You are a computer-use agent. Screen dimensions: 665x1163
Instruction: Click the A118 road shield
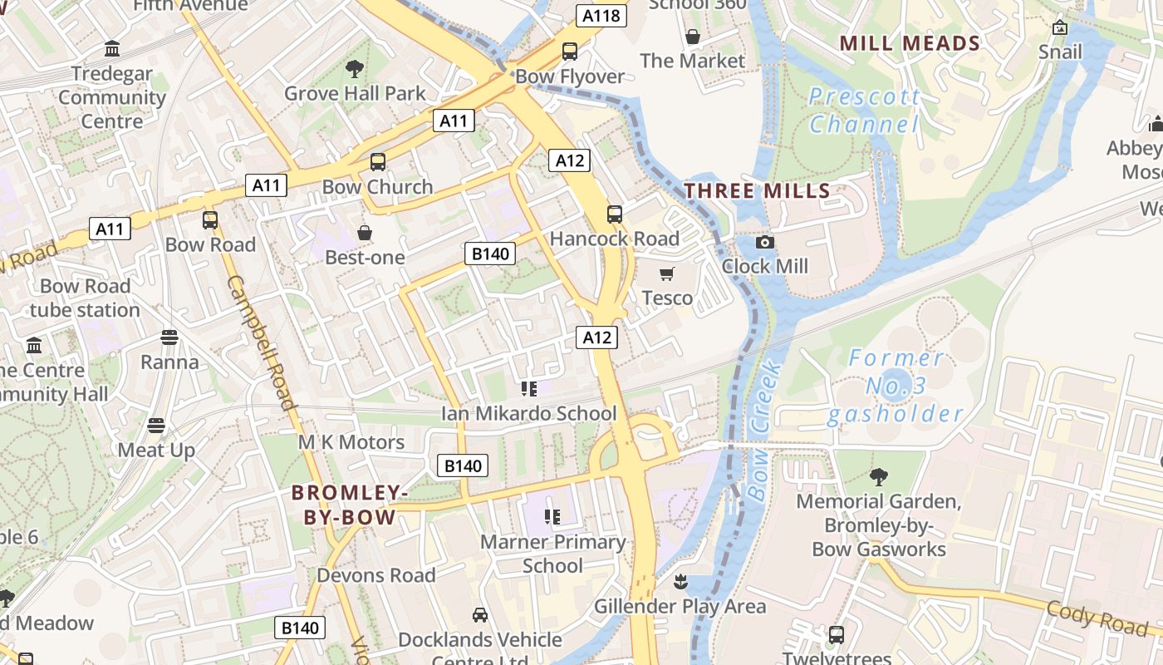click(601, 16)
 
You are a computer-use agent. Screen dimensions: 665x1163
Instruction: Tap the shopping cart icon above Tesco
click(666, 273)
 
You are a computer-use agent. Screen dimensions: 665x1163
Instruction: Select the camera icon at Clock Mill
click(764, 243)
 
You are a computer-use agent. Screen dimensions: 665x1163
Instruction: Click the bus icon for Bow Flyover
click(569, 52)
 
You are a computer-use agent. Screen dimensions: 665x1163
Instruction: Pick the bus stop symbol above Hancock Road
click(615, 214)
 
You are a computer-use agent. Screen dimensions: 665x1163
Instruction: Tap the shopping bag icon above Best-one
click(364, 233)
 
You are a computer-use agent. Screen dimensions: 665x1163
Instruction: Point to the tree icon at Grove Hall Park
click(355, 69)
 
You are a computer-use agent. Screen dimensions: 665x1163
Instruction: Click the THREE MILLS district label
click(757, 191)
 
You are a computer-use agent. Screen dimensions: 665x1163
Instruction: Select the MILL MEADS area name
click(910, 43)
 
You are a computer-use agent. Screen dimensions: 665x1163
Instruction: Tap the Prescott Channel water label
click(864, 111)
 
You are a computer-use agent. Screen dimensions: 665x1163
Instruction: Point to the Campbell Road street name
click(261, 342)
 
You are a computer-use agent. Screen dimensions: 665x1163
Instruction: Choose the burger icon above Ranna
click(169, 337)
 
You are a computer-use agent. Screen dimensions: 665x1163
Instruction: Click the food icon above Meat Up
click(155, 426)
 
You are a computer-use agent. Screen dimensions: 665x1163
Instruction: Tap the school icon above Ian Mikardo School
click(528, 388)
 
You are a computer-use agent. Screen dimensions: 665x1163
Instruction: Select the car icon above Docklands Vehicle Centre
click(479, 615)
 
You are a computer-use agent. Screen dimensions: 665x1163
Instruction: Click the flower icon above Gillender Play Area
click(680, 582)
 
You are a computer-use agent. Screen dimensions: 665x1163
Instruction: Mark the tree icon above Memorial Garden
click(878, 477)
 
